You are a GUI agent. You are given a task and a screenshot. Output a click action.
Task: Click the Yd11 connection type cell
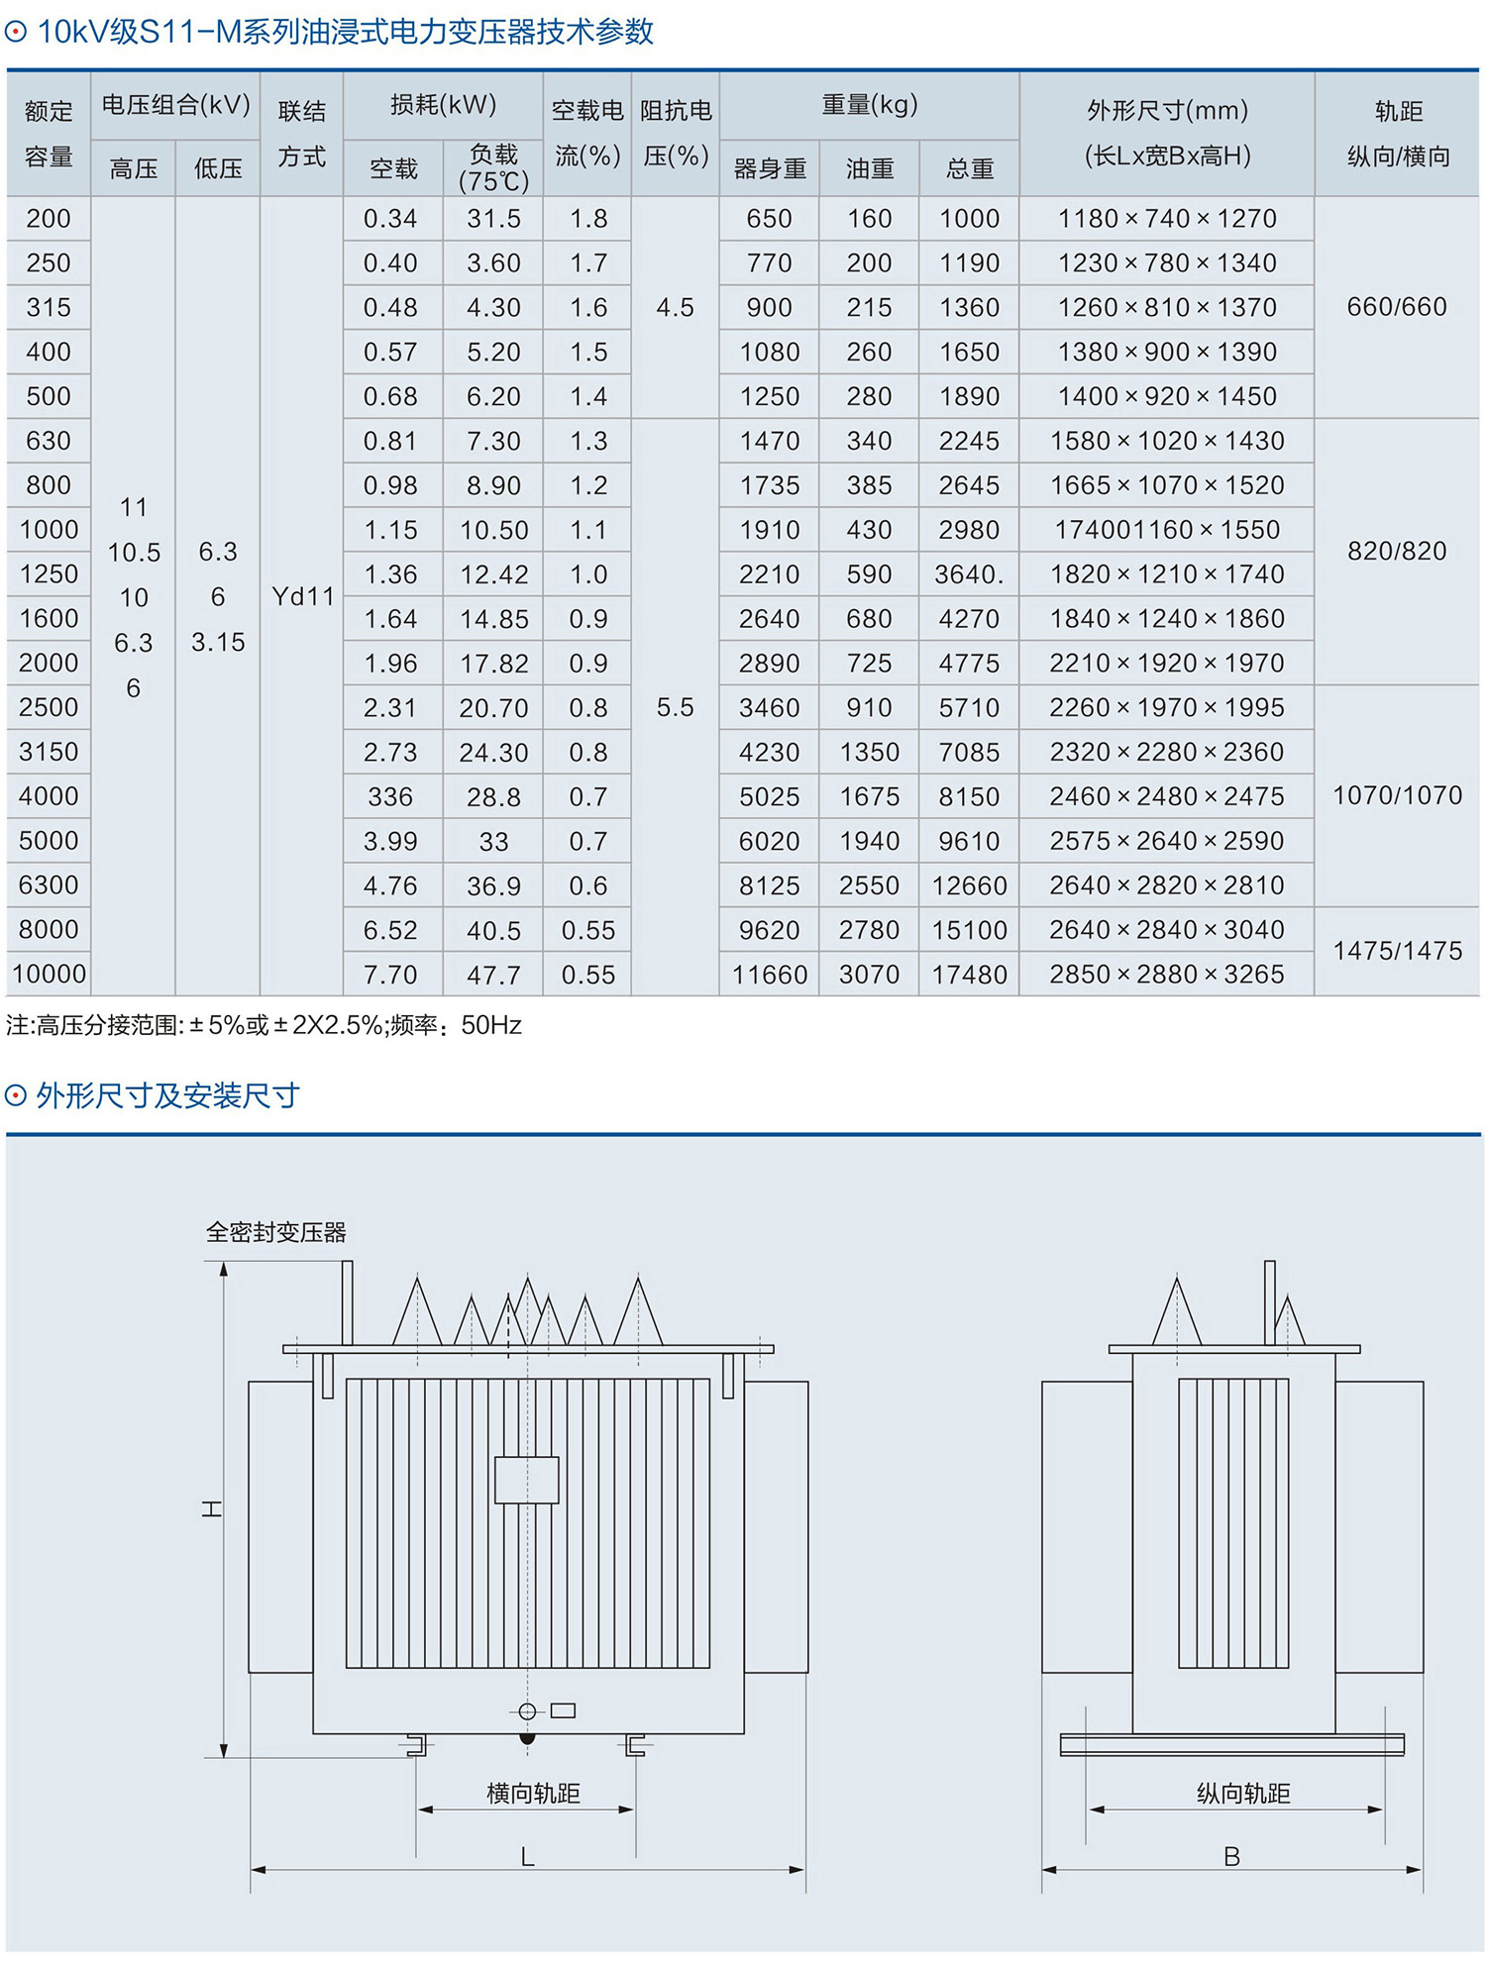click(302, 596)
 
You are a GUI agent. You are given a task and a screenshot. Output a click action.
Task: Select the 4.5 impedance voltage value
click(675, 307)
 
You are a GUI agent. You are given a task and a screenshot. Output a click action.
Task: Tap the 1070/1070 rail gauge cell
click(1397, 795)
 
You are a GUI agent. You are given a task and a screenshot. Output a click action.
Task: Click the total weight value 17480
click(969, 975)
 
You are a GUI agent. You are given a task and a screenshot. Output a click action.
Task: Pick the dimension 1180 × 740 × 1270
click(1167, 219)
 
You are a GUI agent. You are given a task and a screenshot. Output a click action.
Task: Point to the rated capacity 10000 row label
click(49, 975)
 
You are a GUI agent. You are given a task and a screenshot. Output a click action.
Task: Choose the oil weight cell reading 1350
click(869, 752)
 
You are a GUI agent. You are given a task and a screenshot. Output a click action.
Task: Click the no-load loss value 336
click(390, 796)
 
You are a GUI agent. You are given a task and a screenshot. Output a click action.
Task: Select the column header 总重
click(969, 168)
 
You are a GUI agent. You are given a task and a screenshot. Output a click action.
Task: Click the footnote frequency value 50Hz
click(491, 1025)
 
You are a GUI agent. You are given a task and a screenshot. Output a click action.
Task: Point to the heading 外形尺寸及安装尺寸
click(167, 1095)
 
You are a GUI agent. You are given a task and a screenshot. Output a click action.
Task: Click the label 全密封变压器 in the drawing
click(275, 1232)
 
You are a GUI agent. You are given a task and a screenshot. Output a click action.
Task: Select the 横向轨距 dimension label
click(533, 1793)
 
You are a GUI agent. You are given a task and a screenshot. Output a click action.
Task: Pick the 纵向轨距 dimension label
click(1243, 1793)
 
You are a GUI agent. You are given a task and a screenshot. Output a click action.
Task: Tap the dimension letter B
click(1231, 1856)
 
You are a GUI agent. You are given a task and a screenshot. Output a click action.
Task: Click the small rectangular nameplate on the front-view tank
click(527, 1480)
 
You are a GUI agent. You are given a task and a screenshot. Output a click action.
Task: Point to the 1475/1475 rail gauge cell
click(1397, 951)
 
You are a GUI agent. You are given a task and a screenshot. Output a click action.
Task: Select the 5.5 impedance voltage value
click(675, 707)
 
